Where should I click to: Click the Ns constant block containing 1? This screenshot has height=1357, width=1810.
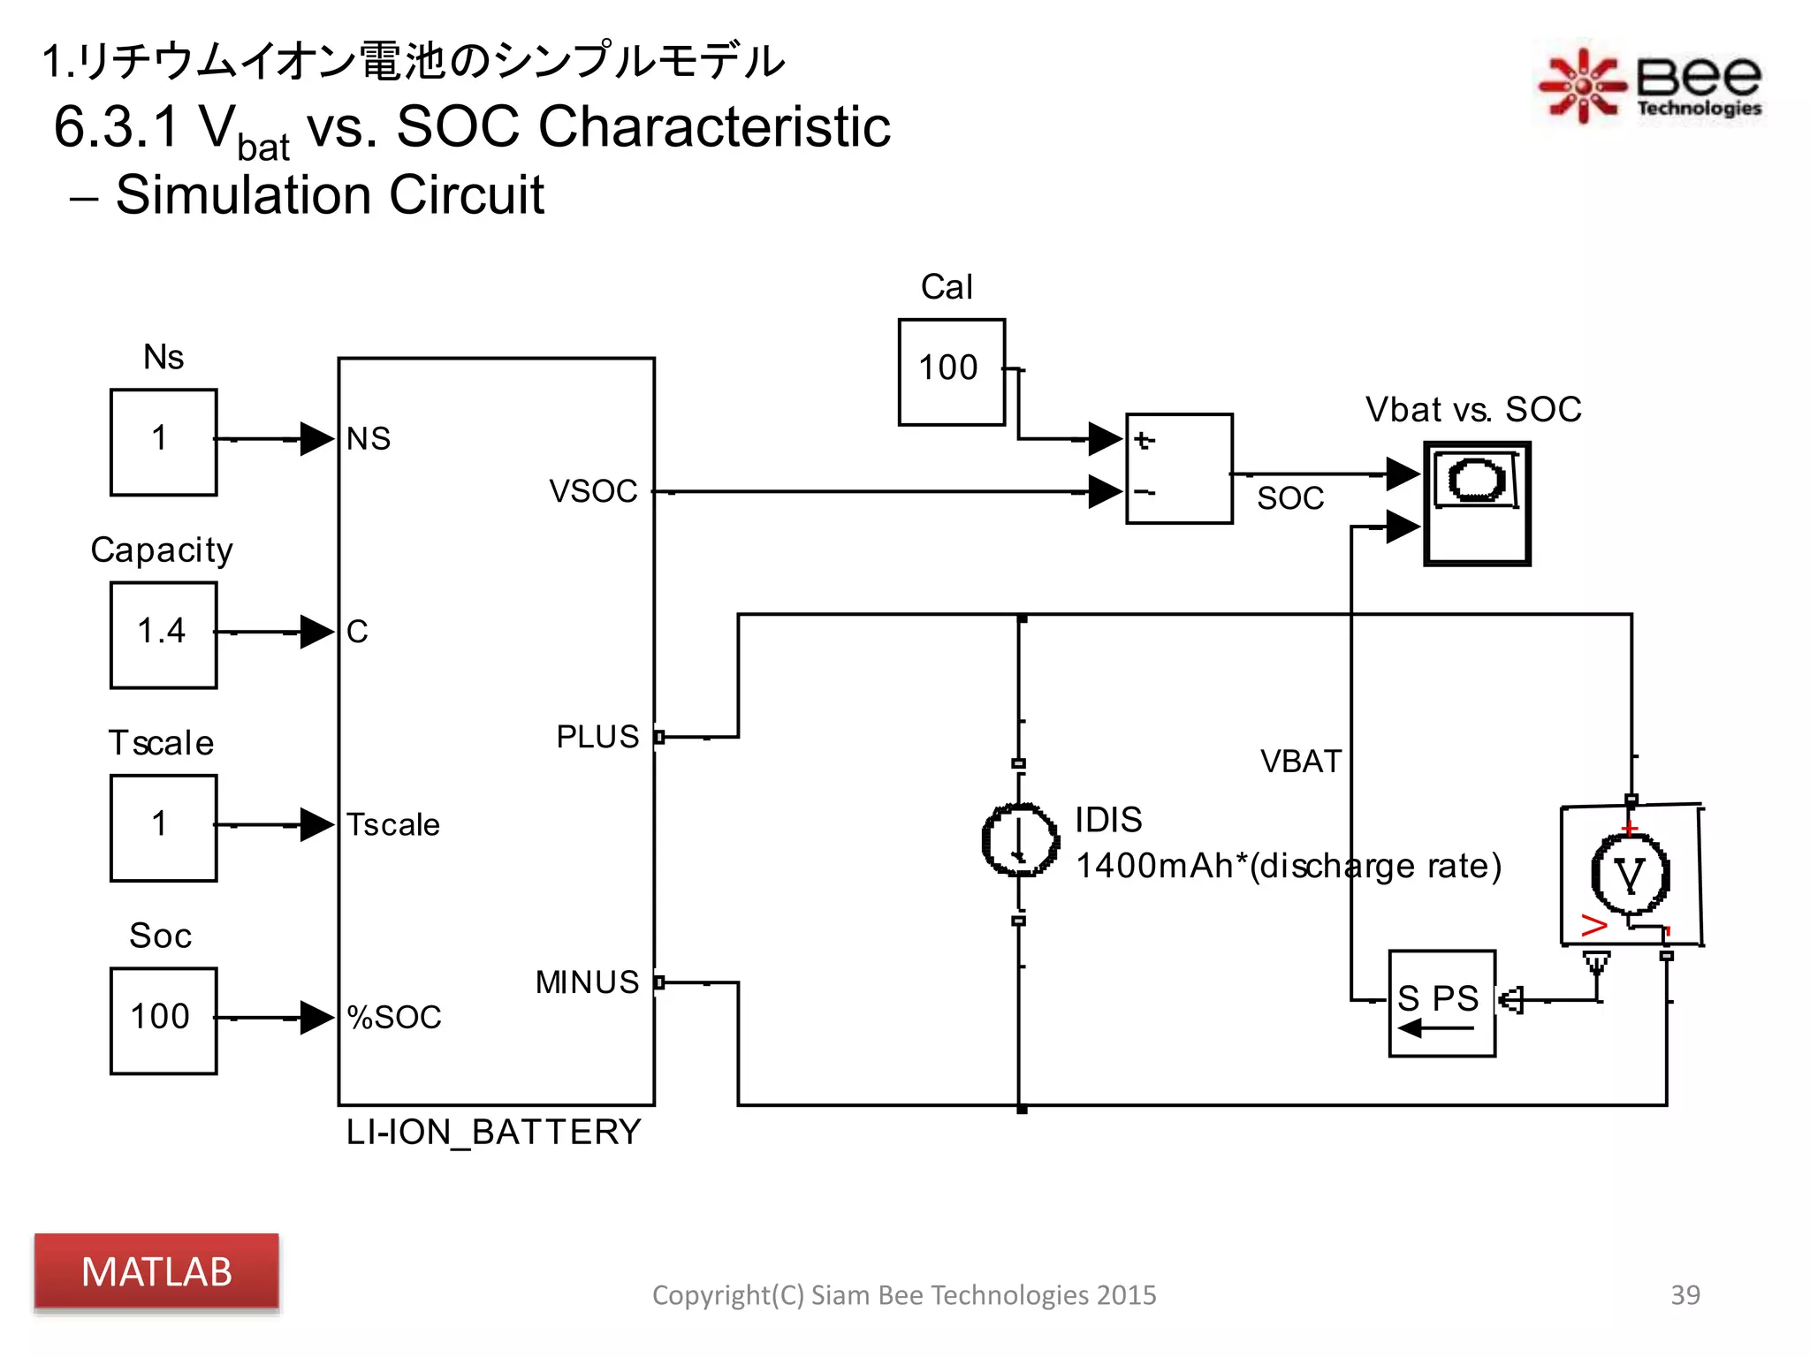click(x=164, y=442)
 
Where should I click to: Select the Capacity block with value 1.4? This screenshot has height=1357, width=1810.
click(x=164, y=634)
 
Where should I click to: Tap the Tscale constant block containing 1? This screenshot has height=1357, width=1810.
click(x=164, y=828)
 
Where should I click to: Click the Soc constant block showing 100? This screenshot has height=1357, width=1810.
click(x=164, y=1020)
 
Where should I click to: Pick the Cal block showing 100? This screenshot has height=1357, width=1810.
click(x=951, y=372)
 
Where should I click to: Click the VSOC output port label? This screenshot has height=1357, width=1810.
click(x=593, y=491)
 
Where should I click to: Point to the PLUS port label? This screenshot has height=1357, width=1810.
click(x=597, y=737)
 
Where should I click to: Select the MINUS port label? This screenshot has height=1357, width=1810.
click(x=587, y=982)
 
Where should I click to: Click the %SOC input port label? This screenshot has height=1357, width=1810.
click(x=394, y=1018)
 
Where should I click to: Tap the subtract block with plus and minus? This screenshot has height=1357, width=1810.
click(x=1179, y=468)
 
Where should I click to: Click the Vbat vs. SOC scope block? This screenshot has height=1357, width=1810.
click(x=1477, y=504)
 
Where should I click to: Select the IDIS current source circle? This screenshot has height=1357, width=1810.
click(x=1020, y=840)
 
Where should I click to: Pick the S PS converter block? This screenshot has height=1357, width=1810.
click(x=1441, y=1004)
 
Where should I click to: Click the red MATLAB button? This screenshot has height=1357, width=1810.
click(x=156, y=1270)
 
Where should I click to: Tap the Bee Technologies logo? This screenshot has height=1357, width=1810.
click(x=1649, y=85)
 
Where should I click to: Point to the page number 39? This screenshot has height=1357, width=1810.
click(x=1685, y=1294)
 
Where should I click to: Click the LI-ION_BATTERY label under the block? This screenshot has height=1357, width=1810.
click(x=493, y=1132)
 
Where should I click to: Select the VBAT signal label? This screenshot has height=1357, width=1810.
click(x=1300, y=762)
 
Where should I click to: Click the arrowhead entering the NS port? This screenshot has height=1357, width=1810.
click(x=316, y=439)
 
